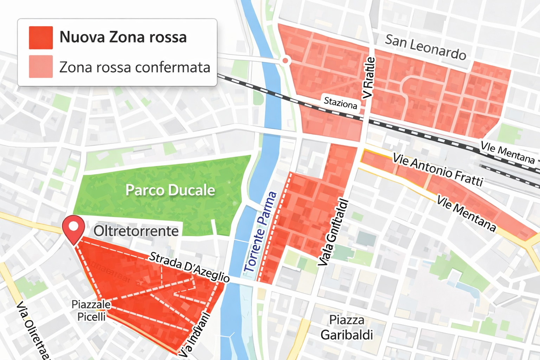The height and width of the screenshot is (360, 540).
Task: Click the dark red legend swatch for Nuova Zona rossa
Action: point(41,38)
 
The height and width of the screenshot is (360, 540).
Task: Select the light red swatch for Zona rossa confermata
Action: point(41,66)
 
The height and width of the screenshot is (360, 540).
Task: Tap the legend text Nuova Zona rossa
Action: point(123,37)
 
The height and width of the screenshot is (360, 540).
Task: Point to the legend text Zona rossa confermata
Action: point(135,67)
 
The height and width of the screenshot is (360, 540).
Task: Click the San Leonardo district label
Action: point(426,47)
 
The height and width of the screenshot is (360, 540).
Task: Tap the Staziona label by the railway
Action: point(340,103)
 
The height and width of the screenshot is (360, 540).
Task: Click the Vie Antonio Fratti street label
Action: point(438,169)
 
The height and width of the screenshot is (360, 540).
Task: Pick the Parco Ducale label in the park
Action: point(170,190)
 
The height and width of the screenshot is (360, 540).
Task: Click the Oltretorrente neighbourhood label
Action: point(136,231)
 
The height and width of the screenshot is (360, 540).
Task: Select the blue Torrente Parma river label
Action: point(260,232)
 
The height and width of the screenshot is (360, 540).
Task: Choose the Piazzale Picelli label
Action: point(91,310)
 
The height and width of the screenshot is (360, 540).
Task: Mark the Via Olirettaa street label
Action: point(34,330)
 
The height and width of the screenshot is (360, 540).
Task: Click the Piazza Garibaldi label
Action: point(347,327)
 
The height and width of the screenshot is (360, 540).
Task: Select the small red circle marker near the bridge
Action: point(285,61)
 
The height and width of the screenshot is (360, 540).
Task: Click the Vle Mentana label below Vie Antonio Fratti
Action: point(466,213)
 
